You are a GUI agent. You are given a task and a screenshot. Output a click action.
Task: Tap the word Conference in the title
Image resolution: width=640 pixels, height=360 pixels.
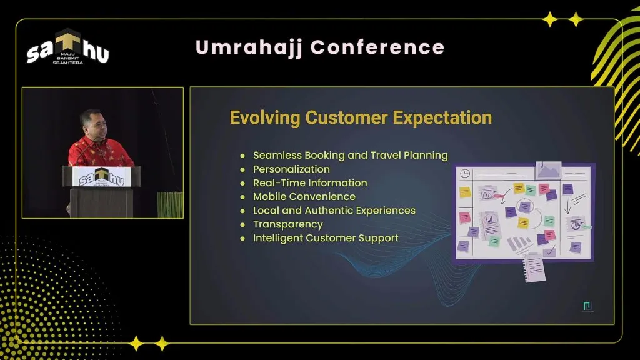pyautogui.click(x=377, y=47)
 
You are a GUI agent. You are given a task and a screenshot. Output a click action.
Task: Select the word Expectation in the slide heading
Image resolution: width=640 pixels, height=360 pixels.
pyautogui.click(x=442, y=118)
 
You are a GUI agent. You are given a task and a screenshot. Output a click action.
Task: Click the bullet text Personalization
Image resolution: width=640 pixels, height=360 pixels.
pyautogui.click(x=291, y=169)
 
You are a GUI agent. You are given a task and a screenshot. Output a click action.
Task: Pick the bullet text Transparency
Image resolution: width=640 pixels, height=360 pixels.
pyautogui.click(x=287, y=224)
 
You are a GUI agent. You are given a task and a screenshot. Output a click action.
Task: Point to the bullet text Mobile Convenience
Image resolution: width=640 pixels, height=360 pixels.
pyautogui.click(x=304, y=197)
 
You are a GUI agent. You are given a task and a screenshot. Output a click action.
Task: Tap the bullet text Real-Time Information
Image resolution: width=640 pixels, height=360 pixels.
pyautogui.click(x=310, y=183)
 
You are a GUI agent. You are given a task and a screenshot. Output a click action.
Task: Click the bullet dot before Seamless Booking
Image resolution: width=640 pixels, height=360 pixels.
pyautogui.click(x=243, y=156)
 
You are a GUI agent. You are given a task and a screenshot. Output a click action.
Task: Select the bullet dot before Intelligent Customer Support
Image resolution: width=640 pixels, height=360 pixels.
pyautogui.click(x=243, y=238)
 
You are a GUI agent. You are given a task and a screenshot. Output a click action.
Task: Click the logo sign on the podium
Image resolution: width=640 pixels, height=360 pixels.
pyautogui.click(x=101, y=177)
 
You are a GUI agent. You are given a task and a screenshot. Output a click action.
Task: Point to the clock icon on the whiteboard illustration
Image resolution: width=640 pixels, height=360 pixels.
pyautogui.click(x=465, y=174)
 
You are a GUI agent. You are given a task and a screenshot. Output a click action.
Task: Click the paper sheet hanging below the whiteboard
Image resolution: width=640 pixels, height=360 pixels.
pyautogui.click(x=534, y=267)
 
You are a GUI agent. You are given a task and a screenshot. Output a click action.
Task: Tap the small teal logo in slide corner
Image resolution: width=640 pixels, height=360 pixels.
pyautogui.click(x=587, y=306)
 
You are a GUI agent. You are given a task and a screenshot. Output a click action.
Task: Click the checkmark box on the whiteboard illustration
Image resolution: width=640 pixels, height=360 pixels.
pyautogui.click(x=550, y=251)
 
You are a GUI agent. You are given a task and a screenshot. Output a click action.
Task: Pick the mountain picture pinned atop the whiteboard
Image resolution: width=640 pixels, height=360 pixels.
pyautogui.click(x=548, y=171)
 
